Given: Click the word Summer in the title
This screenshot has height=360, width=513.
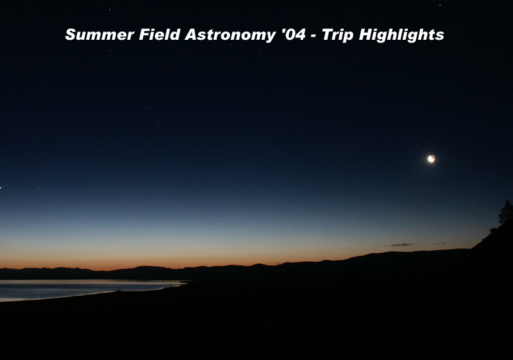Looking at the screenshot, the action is point(99,35).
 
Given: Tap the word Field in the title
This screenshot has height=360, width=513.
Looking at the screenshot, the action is point(160,35).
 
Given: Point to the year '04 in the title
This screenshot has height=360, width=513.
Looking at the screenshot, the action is point(293,35).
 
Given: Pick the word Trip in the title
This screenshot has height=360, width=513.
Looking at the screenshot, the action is point(337,35).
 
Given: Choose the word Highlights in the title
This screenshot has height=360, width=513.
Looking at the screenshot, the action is point(401,35).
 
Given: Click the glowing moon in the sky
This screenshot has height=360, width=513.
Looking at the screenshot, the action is point(431,159).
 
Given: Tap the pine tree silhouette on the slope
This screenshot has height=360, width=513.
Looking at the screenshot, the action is point(506,213).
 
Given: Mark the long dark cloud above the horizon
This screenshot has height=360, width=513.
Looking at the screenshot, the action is point(401,244).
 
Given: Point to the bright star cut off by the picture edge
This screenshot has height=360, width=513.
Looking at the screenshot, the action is point(1,187).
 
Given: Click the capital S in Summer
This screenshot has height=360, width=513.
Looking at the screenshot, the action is point(71,35).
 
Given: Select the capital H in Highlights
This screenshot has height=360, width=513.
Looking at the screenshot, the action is point(366,35).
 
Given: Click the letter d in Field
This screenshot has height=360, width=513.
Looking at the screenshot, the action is point(175,35).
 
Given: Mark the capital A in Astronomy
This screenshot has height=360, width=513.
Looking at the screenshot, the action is point(192,35).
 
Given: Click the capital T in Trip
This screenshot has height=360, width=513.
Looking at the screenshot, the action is point(328,35).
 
